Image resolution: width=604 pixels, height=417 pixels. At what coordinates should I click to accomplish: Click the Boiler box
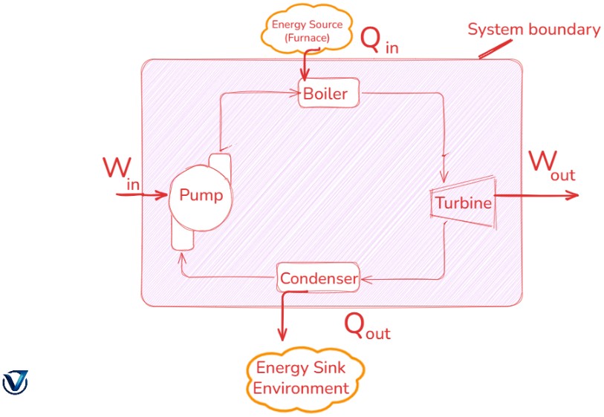[x=328, y=93]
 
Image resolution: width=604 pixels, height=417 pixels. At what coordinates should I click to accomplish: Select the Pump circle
[x=200, y=196]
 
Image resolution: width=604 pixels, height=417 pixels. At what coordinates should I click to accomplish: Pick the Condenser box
[x=319, y=278]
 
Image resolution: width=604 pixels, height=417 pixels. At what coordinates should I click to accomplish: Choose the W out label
[x=551, y=165]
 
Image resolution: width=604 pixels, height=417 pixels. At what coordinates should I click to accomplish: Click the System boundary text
[x=533, y=30]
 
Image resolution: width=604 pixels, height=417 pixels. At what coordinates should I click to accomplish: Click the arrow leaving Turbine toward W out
[x=535, y=196]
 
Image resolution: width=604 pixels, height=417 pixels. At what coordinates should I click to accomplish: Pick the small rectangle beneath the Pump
[x=182, y=236]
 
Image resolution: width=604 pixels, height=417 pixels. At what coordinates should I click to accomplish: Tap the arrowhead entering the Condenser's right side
[x=366, y=279]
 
